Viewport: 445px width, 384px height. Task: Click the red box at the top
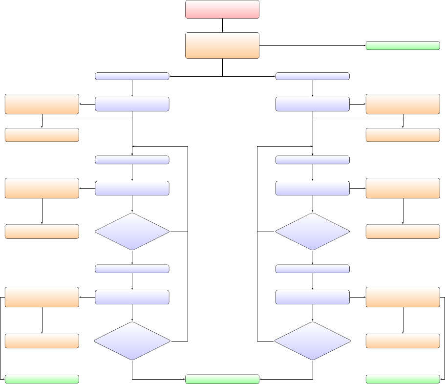tap(222, 9)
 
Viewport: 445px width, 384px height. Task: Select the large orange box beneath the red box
tap(222, 45)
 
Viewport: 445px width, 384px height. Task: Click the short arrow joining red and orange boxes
tap(222, 25)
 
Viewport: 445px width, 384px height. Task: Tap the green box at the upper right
tap(403, 45)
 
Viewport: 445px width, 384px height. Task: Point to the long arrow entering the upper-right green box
tap(313, 45)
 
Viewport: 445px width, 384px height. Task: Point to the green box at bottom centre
tap(222, 379)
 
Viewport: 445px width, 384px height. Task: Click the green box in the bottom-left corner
tap(42, 379)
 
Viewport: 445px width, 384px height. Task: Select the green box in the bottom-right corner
tap(403, 379)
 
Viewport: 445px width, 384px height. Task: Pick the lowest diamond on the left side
tap(132, 341)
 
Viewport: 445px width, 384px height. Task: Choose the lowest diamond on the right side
tap(313, 341)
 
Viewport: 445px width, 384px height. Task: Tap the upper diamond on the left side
tap(132, 232)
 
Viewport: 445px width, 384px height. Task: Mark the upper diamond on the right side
tap(313, 232)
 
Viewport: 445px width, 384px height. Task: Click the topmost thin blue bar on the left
tap(132, 76)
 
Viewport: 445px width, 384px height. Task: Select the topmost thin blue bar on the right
tap(313, 76)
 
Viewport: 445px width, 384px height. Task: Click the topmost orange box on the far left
tap(42, 104)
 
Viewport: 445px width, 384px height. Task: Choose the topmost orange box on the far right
tap(403, 104)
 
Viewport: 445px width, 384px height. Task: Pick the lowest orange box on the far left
tap(42, 341)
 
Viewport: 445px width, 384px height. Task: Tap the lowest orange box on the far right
tap(403, 341)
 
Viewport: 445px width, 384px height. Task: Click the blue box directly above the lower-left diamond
tap(132, 297)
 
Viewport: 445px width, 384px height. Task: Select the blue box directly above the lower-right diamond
tap(313, 297)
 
